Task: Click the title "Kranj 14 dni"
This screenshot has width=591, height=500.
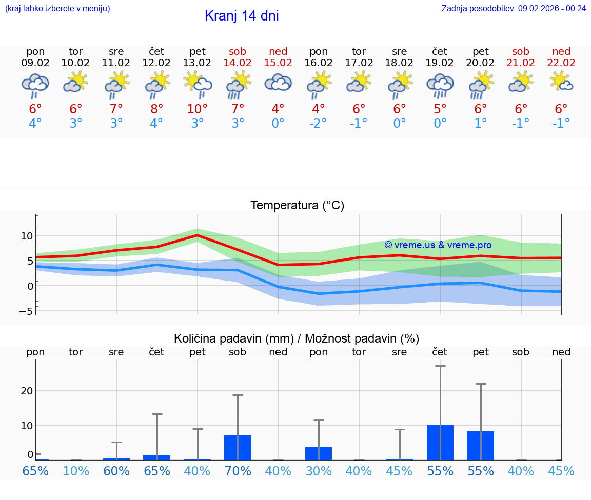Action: click(242, 16)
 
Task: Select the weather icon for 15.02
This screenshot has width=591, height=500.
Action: click(278, 83)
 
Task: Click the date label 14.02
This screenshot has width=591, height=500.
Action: click(238, 63)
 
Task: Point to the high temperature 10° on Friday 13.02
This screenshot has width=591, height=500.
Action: click(198, 109)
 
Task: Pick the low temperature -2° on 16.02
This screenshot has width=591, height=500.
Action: click(319, 124)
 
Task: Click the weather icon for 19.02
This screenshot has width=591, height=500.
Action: click(440, 85)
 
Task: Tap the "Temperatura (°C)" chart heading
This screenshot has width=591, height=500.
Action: click(297, 206)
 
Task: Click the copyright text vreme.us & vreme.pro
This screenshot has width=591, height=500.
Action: click(438, 245)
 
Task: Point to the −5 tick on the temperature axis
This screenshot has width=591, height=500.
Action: click(26, 311)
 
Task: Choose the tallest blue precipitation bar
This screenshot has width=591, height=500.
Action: click(440, 442)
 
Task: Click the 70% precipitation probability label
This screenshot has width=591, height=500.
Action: click(238, 471)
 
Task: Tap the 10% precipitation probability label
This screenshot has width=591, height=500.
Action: click(76, 471)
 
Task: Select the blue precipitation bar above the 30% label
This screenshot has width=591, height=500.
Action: click(319, 453)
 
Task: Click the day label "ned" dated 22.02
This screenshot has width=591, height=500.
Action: click(561, 51)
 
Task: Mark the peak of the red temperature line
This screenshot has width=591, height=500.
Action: click(198, 235)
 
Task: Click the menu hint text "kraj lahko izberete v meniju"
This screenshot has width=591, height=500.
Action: click(57, 8)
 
